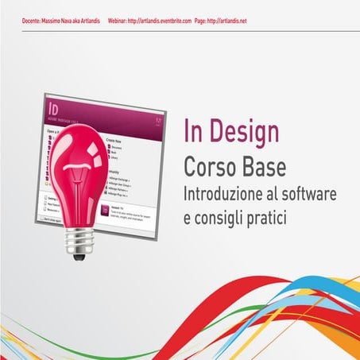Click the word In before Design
coord(193,132)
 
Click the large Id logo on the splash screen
coord(55,106)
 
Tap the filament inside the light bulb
coord(80,191)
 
